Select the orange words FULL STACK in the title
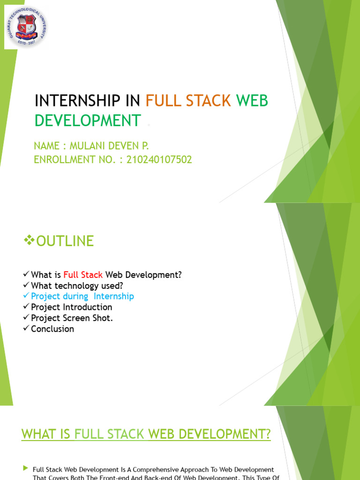click(188, 100)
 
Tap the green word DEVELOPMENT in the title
click(88, 120)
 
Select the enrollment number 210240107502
click(159, 160)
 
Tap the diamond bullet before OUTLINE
click(29, 241)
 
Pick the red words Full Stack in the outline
click(83, 275)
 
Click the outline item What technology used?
click(77, 285)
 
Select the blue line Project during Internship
click(82, 296)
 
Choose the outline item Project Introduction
click(72, 307)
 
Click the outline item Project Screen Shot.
click(72, 318)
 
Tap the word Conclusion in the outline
click(52, 329)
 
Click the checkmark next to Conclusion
click(26, 329)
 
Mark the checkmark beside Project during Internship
click(26, 296)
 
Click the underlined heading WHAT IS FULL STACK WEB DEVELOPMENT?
click(146, 434)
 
